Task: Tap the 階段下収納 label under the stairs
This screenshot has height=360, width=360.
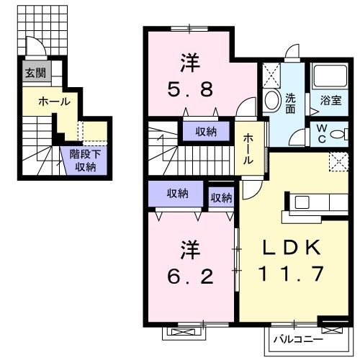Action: [85, 161]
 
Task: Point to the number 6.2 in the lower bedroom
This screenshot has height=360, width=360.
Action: [192, 275]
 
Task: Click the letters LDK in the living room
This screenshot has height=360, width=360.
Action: [290, 247]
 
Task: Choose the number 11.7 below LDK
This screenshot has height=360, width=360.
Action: [290, 274]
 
